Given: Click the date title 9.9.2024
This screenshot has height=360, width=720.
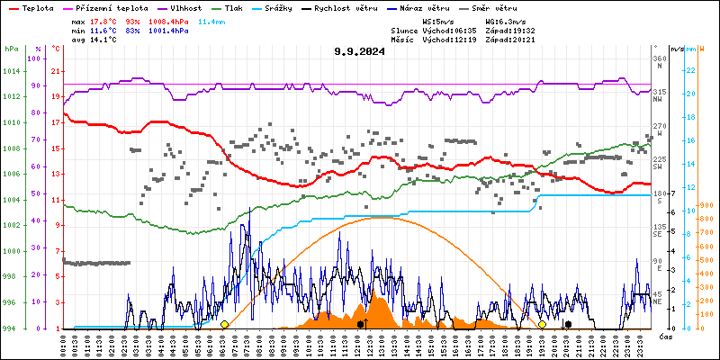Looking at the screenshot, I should (x=359, y=51).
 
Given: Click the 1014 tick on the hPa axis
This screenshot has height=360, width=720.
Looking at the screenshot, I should (x=11, y=70).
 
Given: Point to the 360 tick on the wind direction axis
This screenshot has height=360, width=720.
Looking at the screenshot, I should (x=660, y=58).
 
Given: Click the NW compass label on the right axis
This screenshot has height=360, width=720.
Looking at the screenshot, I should (x=659, y=100).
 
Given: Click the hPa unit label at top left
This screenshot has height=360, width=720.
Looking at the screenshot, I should (x=11, y=49).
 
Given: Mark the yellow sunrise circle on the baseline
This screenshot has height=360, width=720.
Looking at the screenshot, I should (x=224, y=324).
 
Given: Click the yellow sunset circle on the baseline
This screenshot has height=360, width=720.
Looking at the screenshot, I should (x=542, y=324).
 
